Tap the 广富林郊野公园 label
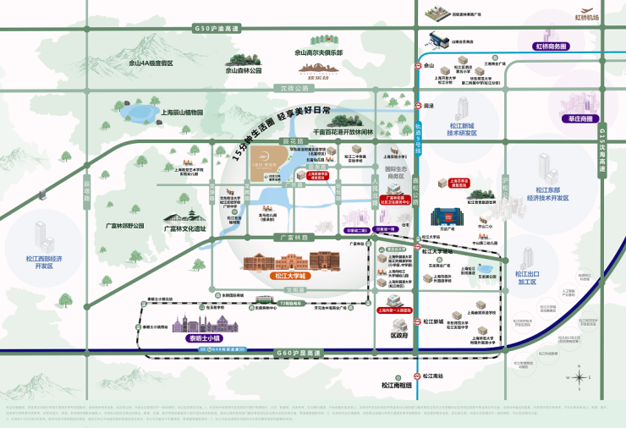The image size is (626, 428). coord(125,226)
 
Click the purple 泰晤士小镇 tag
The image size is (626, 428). coord(196,340)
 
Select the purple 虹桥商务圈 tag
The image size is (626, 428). coord(555,47)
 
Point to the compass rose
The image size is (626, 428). coord(580,378)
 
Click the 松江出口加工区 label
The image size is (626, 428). coord(526,277)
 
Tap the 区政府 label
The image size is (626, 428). coord(399,335)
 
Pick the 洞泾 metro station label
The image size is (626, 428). coord(428,106)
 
